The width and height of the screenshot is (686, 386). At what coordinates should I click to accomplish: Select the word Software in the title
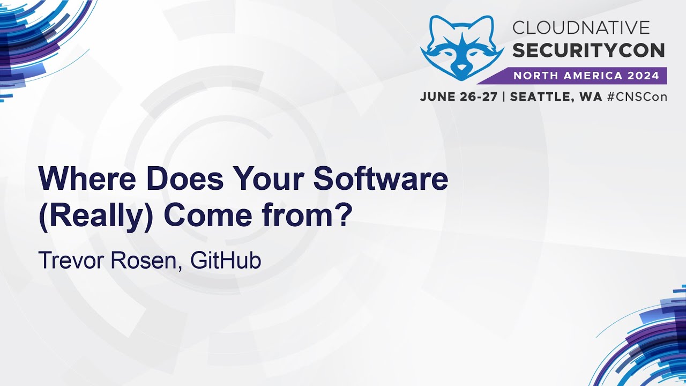381,180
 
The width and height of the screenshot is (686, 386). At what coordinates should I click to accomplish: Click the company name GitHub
226,261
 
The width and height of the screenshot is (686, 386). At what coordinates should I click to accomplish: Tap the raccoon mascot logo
462,48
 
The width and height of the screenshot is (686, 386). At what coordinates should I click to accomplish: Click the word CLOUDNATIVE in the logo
581,27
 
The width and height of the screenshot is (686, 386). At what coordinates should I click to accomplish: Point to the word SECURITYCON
588,50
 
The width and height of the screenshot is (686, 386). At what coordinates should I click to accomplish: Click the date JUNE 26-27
458,97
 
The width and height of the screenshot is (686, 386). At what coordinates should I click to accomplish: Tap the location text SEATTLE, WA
556,97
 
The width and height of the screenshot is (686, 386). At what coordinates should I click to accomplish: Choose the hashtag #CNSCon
637,97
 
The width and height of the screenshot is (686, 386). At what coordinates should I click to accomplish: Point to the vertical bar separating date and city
503,97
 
